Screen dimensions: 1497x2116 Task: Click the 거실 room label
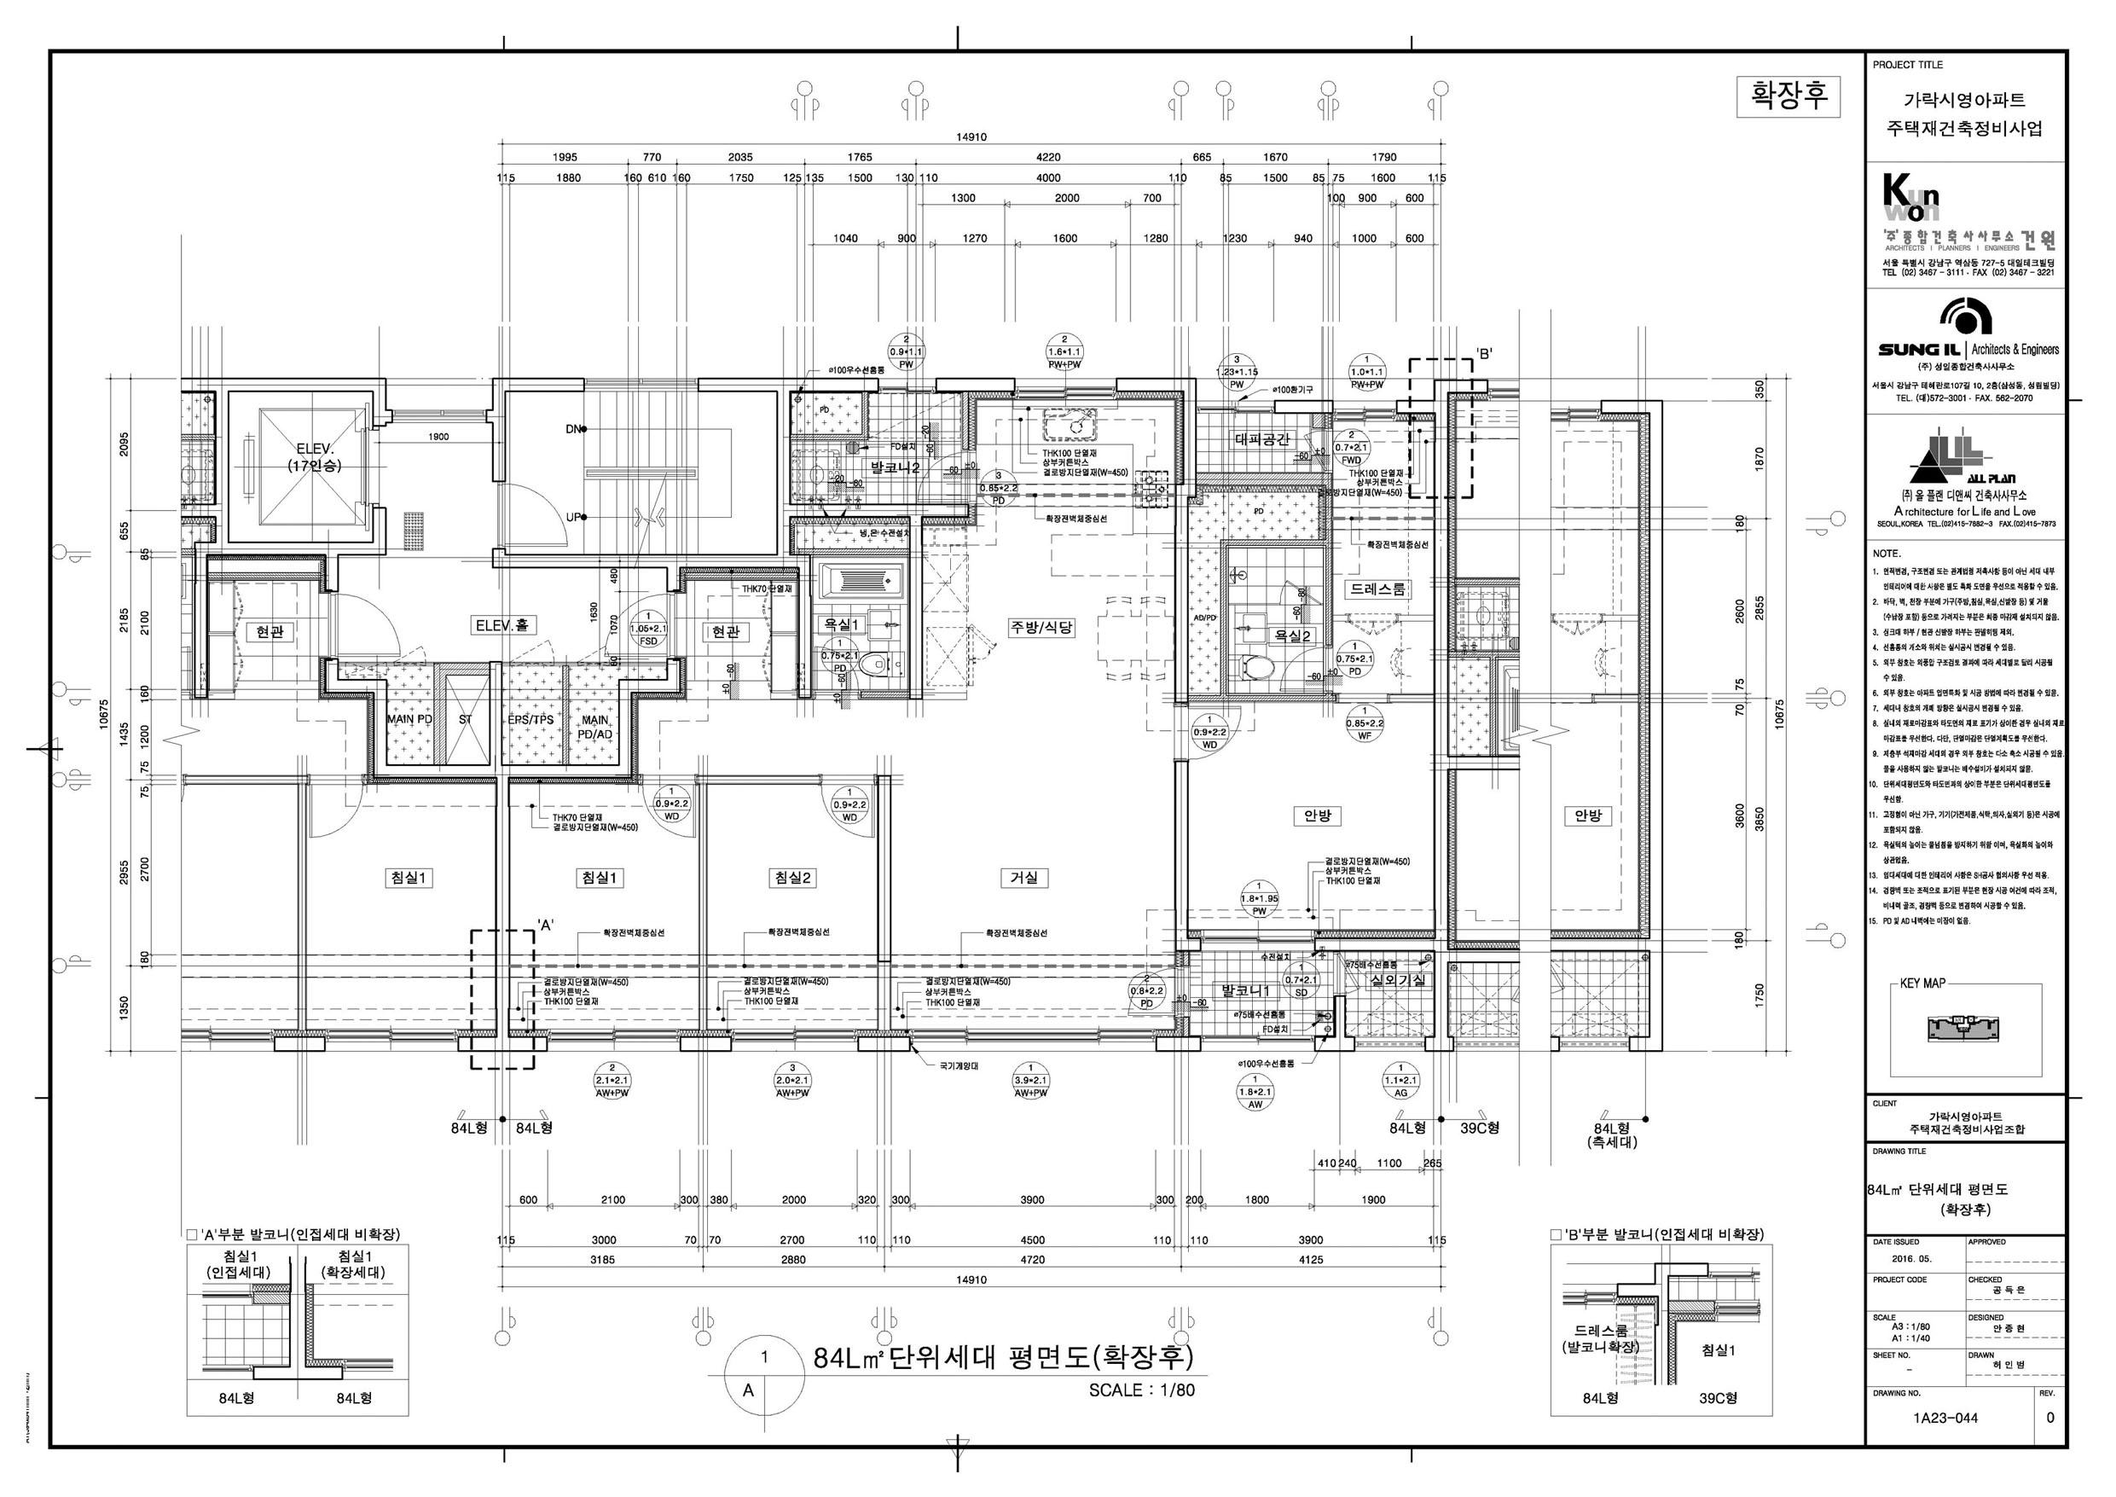pyautogui.click(x=1024, y=878)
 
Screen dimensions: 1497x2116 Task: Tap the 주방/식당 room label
pyautogui.click(x=1041, y=627)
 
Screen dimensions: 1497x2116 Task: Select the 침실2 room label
pyautogui.click(x=792, y=878)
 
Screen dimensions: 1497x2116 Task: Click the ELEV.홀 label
pyautogui.click(x=502, y=626)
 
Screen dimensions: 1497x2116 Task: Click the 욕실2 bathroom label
pyautogui.click(x=1292, y=635)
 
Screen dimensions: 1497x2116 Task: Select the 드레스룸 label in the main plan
pyautogui.click(x=1379, y=589)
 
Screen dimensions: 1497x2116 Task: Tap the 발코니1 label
pyautogui.click(x=1246, y=990)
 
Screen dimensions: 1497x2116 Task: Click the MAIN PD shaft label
pyautogui.click(x=409, y=719)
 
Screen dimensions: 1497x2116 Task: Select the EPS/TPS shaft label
pyautogui.click(x=530, y=719)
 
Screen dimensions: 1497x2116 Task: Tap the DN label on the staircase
pyautogui.click(x=573, y=429)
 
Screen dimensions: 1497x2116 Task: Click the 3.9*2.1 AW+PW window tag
pyautogui.click(x=1030, y=1086)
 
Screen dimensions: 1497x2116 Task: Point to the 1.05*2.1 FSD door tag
pyautogui.click(x=648, y=629)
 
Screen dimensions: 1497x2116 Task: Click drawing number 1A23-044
pyautogui.click(x=1944, y=1419)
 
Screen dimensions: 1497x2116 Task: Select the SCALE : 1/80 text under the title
pyautogui.click(x=1141, y=1390)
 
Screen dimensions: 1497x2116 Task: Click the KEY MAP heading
pyautogui.click(x=1922, y=983)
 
